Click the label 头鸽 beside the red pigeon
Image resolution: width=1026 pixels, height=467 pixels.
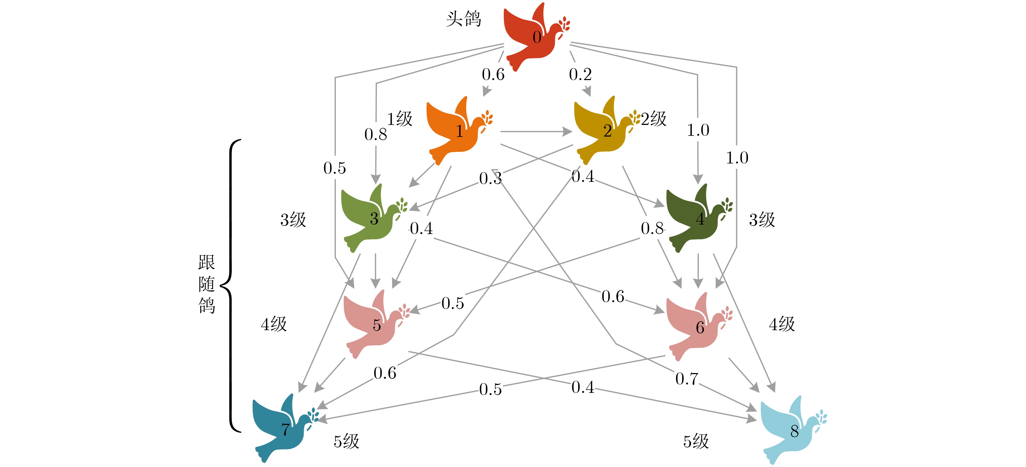point(463,19)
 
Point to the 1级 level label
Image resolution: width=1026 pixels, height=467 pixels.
point(400,119)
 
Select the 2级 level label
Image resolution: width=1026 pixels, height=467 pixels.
point(654,119)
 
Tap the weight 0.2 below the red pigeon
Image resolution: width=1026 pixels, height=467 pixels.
point(580,74)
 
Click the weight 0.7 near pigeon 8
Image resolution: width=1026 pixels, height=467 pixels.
point(687,378)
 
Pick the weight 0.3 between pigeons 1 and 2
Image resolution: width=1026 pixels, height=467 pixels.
point(490,178)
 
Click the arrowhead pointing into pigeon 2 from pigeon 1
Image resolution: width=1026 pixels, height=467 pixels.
point(567,131)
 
